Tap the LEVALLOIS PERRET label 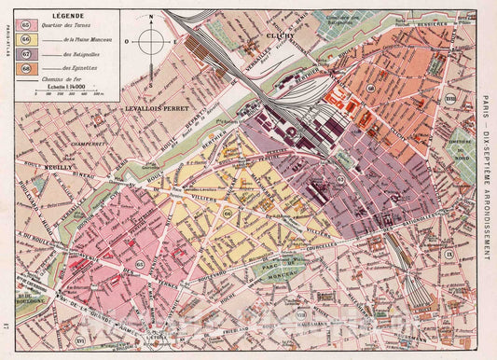tap(154, 109)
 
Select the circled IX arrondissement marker tap(448, 254)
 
